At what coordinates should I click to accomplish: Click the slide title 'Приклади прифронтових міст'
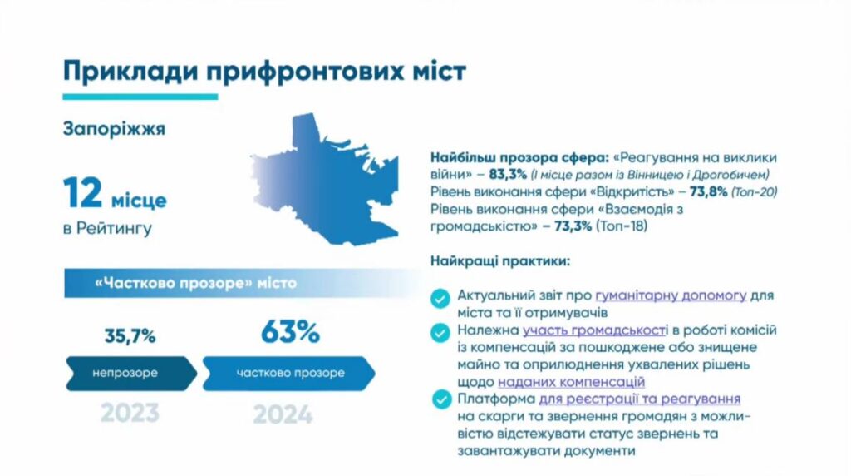click(264, 72)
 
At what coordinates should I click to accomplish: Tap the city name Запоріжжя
click(114, 129)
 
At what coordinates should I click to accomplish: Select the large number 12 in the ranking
click(82, 193)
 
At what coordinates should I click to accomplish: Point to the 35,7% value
click(130, 336)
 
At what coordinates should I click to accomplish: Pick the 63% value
click(290, 331)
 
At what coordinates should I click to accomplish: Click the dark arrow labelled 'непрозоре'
click(131, 374)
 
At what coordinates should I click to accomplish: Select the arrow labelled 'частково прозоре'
click(288, 374)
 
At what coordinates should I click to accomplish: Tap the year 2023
click(130, 413)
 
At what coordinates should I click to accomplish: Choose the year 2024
click(283, 415)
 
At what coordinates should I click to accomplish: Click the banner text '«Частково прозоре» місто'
click(195, 283)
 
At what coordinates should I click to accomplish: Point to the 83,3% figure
click(508, 175)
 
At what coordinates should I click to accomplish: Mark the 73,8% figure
click(708, 191)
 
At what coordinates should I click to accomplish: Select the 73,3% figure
click(573, 226)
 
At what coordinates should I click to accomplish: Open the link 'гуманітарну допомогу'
click(671, 295)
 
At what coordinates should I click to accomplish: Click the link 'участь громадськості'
click(595, 330)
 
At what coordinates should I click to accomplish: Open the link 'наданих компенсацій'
click(572, 382)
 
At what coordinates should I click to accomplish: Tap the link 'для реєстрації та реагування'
click(639, 399)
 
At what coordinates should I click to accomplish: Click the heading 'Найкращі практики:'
click(500, 261)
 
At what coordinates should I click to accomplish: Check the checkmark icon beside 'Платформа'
click(441, 399)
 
